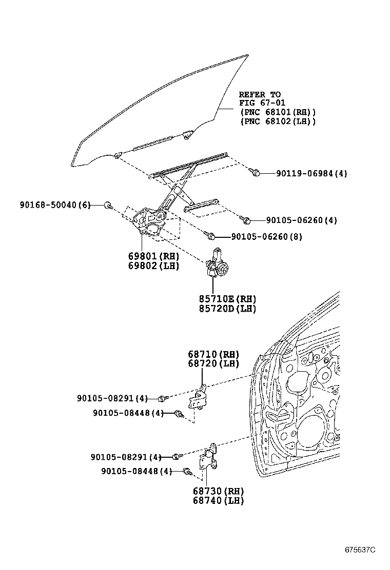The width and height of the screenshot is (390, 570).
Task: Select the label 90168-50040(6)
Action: tap(55, 205)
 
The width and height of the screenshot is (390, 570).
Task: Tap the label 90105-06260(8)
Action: tap(266, 237)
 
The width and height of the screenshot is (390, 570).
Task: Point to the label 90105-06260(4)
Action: tap(301, 220)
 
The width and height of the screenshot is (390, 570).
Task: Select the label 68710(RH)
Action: tap(213, 354)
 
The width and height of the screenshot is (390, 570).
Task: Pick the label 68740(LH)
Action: tap(218, 501)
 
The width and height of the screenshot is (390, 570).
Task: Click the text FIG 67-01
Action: tap(262, 103)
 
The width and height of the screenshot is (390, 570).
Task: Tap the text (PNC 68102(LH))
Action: tap(277, 121)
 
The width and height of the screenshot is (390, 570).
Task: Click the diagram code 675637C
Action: tap(360, 549)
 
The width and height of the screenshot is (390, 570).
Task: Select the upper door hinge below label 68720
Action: tap(200, 398)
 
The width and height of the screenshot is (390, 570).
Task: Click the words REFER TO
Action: tap(260, 94)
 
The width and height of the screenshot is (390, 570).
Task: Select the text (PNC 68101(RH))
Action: tap(277, 112)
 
